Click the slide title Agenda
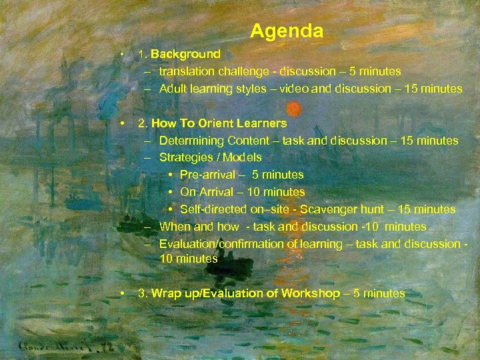point(287,31)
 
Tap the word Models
point(243,158)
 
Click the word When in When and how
point(175,227)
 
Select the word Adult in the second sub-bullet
point(173,89)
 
